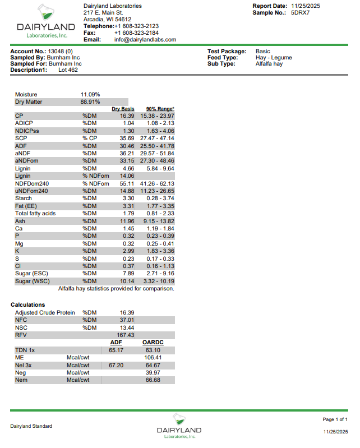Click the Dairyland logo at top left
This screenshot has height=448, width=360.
point(45,21)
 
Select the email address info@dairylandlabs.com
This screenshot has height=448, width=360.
point(145,40)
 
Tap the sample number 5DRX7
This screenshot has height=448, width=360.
point(300,12)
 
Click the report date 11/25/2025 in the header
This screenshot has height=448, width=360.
point(305,6)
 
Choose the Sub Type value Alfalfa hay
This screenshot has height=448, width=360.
point(269,64)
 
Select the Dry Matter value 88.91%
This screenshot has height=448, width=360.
point(90,102)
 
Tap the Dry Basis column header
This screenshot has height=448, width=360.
point(123,109)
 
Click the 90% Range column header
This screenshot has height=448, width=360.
point(160,109)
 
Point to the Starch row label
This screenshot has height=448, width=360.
point(24,198)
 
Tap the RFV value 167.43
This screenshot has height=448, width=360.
point(126,335)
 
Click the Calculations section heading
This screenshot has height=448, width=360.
point(28,305)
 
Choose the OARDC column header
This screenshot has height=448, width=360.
point(153,342)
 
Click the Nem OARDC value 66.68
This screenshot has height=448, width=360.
point(153,380)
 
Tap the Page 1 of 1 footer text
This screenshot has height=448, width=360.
point(335,419)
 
